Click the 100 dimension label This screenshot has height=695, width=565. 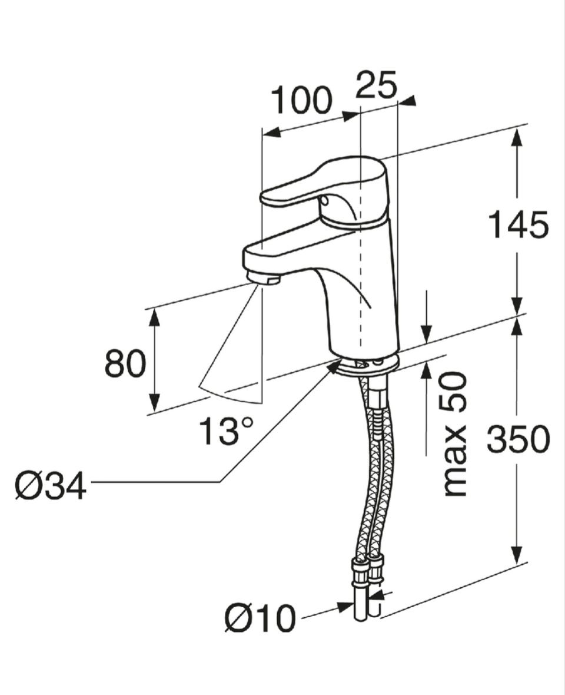tap(301, 101)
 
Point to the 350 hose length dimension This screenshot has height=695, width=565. tap(518, 439)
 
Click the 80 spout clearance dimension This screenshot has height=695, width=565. tap(125, 363)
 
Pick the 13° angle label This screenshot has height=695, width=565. tap(227, 431)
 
